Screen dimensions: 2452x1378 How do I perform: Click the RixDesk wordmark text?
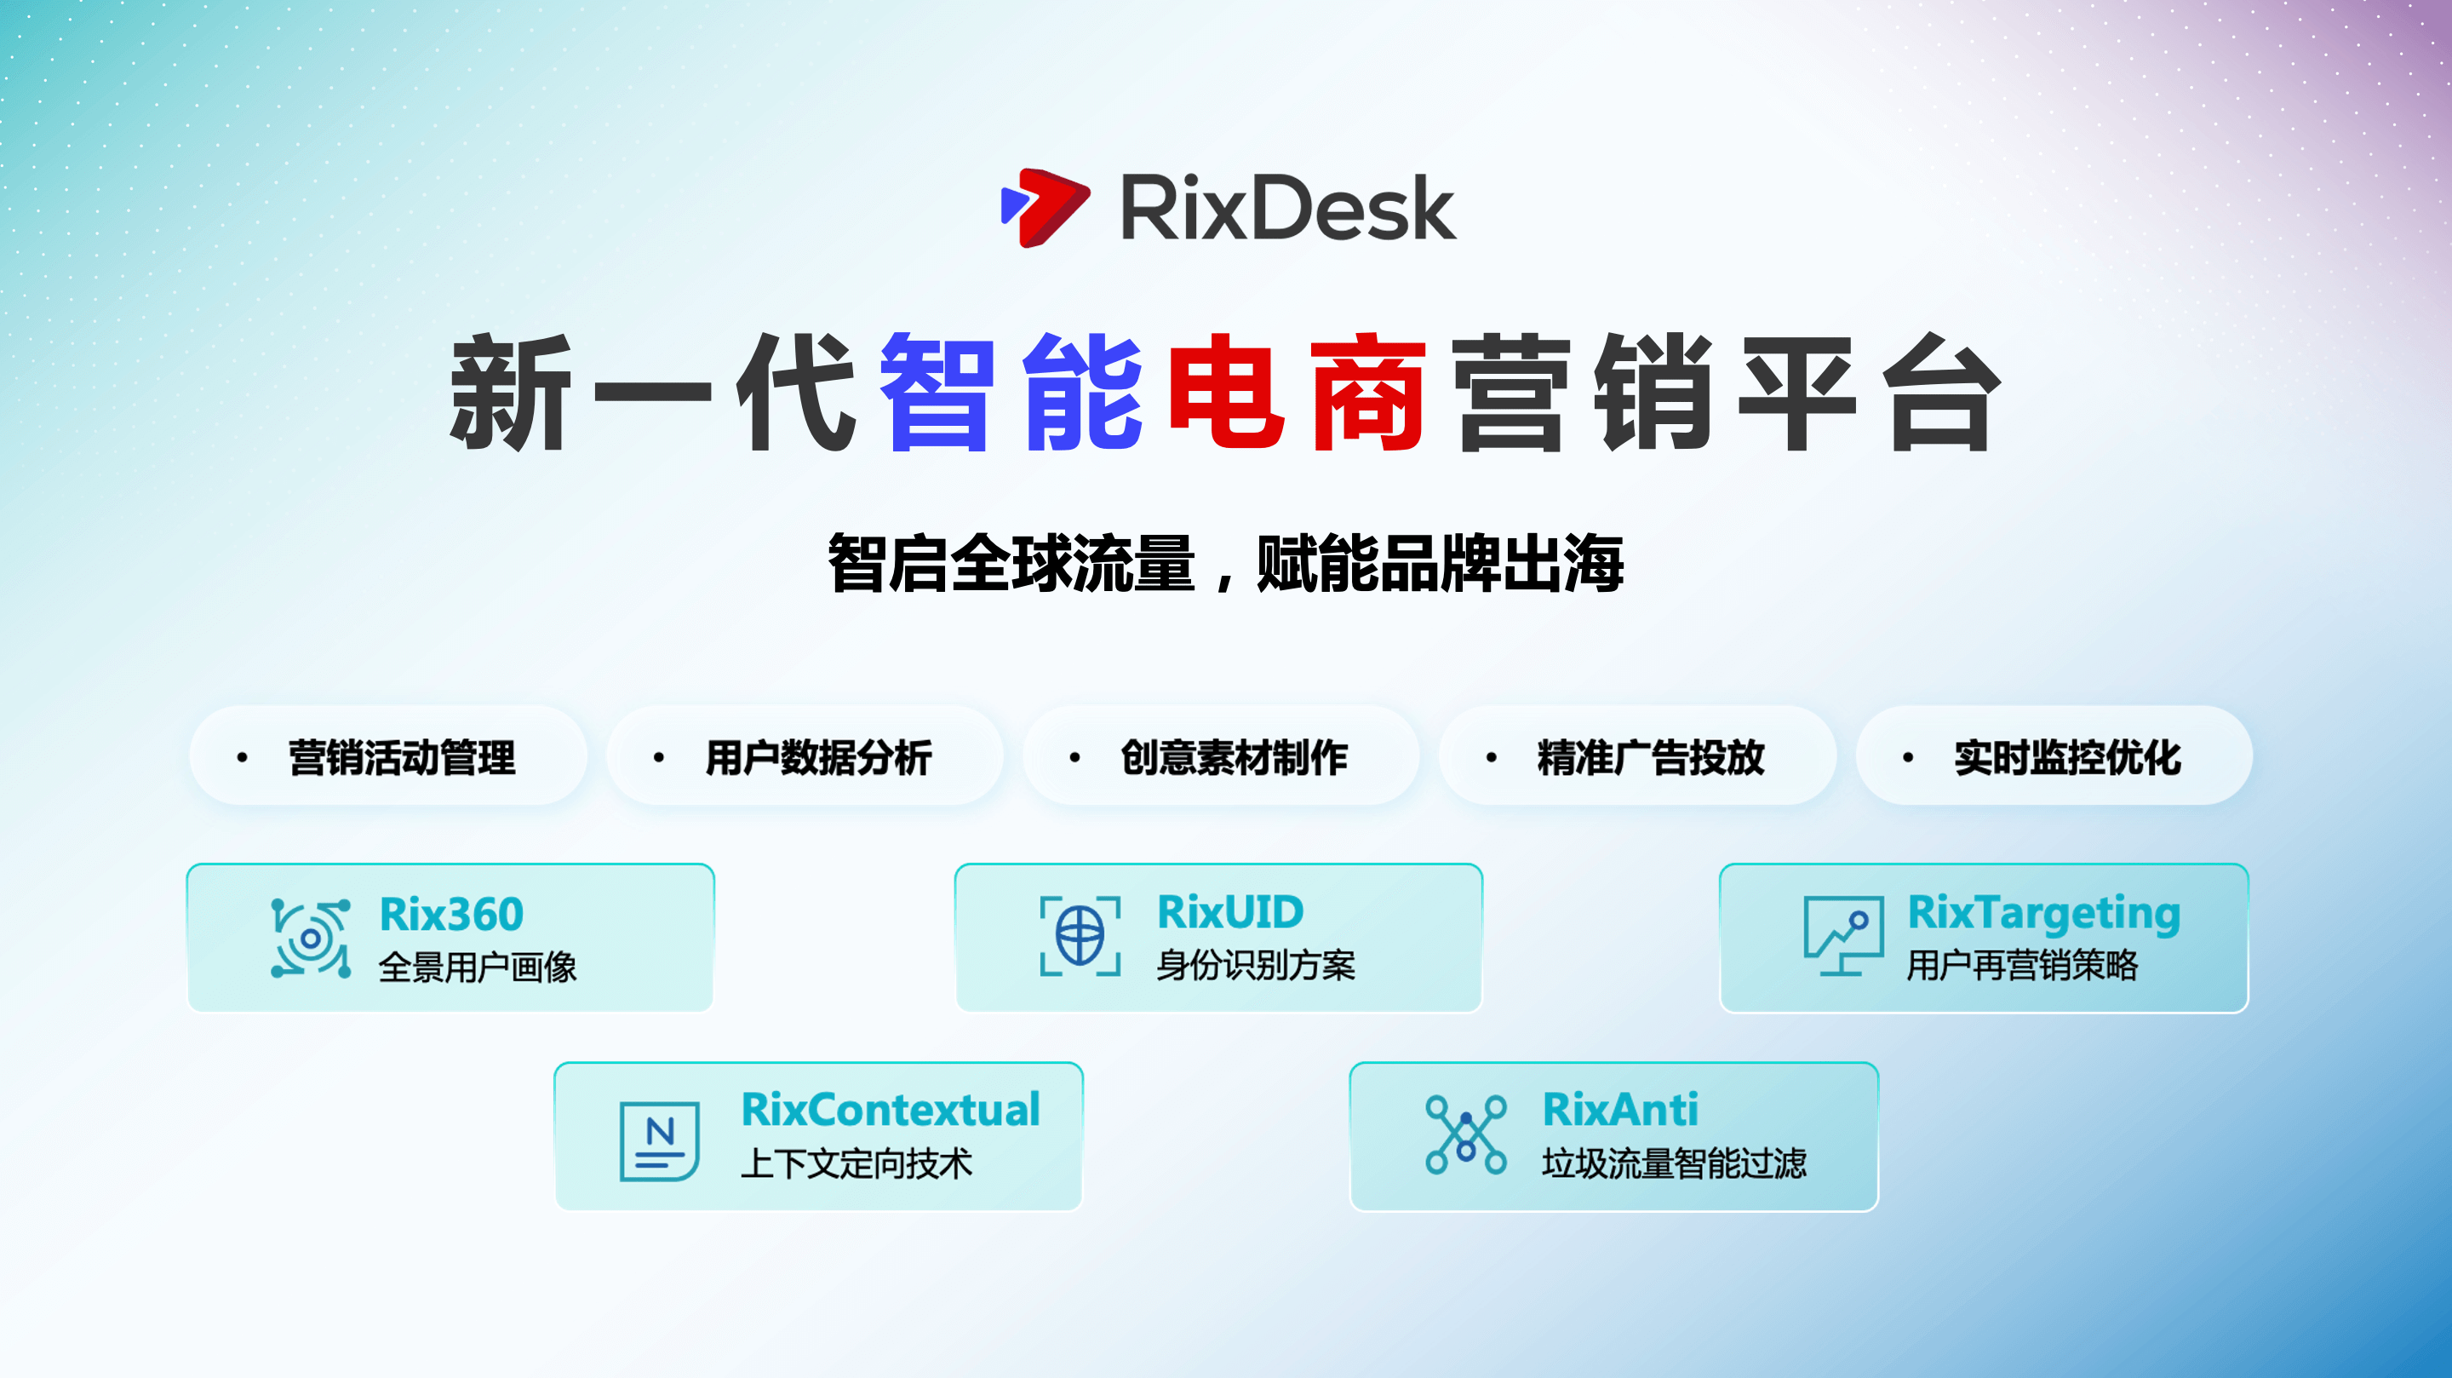point(1288,208)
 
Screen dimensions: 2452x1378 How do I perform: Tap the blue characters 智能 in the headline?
point(1010,392)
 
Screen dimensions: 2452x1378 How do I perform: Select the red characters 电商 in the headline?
point(1297,392)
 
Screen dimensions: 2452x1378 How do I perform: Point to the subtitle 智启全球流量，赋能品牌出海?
point(1226,564)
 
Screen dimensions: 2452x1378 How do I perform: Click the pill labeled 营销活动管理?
point(387,756)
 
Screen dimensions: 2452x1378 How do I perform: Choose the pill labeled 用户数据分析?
point(805,756)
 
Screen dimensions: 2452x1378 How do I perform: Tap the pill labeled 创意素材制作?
point(1220,756)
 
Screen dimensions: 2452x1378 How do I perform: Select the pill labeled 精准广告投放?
point(1637,756)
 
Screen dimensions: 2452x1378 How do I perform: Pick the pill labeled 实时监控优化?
point(2054,756)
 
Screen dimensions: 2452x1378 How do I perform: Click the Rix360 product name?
point(451,914)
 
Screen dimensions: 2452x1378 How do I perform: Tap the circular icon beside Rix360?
point(310,938)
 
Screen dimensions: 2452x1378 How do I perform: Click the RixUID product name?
point(1229,912)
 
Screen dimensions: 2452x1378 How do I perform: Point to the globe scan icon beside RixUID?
point(1080,936)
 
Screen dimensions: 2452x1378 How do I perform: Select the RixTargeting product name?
point(2043,914)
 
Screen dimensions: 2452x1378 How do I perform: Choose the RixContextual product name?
point(890,1110)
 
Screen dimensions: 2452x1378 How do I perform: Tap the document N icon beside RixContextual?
point(660,1142)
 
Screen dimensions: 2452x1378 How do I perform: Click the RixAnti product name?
point(1620,1110)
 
